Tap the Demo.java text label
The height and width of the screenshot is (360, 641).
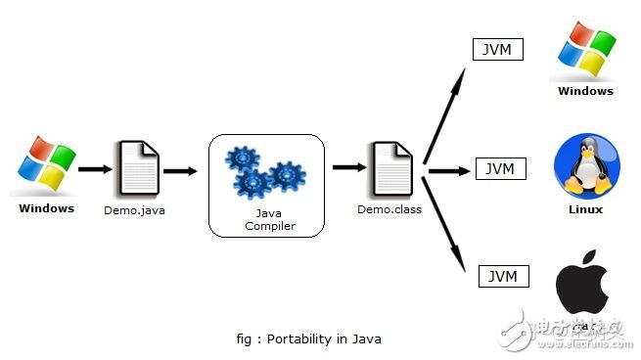(133, 209)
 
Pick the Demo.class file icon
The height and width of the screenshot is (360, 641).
(390, 169)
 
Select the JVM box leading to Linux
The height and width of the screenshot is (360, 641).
(501, 168)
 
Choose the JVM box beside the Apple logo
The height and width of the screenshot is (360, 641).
(503, 276)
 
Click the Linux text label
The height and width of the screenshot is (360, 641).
(585, 209)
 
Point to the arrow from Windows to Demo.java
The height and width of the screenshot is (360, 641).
(94, 169)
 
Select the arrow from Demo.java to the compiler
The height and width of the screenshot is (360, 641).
(180, 169)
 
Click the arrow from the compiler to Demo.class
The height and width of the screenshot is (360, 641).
(348, 167)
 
